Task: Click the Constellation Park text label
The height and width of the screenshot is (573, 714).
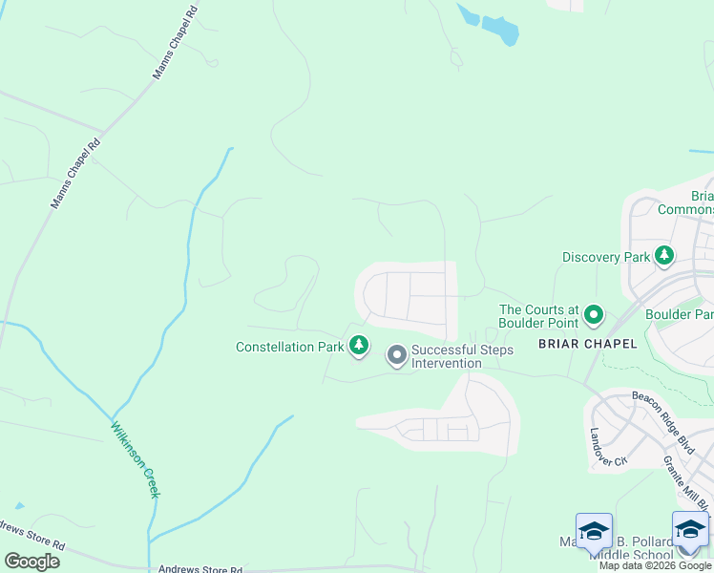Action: pyautogui.click(x=289, y=347)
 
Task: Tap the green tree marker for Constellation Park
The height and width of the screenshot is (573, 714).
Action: pyautogui.click(x=359, y=345)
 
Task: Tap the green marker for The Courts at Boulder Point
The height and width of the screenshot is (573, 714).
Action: pyautogui.click(x=594, y=313)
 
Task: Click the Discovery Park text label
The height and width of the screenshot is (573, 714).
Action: pyautogui.click(x=605, y=257)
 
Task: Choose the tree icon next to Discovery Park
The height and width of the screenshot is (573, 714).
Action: pyautogui.click(x=663, y=255)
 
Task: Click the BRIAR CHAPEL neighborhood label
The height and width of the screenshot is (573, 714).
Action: pyautogui.click(x=587, y=344)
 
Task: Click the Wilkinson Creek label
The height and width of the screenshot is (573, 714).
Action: pyautogui.click(x=135, y=459)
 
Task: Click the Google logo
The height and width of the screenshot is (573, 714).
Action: pyautogui.click(x=32, y=562)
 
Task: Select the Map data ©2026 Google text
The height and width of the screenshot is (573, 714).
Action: pyautogui.click(x=655, y=566)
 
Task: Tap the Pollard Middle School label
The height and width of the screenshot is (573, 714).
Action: pyautogui.click(x=630, y=555)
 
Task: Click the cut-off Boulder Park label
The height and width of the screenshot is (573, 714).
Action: pyautogui.click(x=679, y=314)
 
